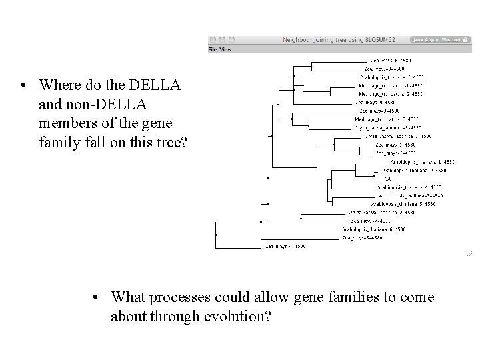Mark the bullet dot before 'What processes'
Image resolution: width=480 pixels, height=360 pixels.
(x=97, y=297)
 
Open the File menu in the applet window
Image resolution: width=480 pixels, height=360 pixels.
(x=213, y=49)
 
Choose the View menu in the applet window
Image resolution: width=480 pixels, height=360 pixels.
(x=226, y=49)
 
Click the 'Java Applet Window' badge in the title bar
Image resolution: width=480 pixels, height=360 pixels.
(x=437, y=40)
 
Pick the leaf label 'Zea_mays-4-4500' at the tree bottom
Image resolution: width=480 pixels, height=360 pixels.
(x=286, y=247)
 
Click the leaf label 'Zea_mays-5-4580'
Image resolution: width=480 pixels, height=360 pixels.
(x=362, y=237)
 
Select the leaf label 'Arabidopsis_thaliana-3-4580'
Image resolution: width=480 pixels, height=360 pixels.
(x=407, y=195)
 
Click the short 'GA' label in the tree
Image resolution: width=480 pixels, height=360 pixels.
(x=387, y=179)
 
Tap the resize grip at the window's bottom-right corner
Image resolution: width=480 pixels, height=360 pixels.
(x=469, y=253)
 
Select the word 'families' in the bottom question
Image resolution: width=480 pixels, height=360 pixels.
(x=358, y=297)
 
